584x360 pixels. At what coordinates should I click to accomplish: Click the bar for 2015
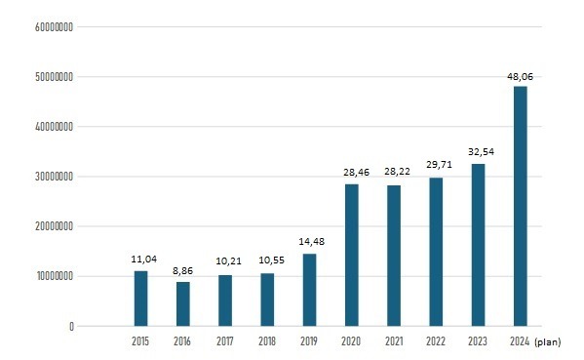pos(140,299)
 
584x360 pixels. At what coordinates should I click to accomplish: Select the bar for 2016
pos(183,304)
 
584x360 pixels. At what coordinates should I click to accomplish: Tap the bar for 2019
pos(309,290)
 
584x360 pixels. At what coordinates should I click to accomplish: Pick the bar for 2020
pos(352,256)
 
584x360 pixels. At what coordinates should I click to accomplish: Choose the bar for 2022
pos(436,252)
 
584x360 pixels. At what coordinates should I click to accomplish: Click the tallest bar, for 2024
pos(521,206)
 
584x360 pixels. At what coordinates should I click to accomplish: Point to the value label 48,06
pos(521,77)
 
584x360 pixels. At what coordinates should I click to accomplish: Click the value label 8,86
pos(183,271)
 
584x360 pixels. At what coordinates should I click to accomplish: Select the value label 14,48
pos(312,242)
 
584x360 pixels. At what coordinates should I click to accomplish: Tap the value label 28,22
pos(397,172)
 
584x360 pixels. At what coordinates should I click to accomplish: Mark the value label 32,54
pos(482,151)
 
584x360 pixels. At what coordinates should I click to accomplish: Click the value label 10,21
pos(229,261)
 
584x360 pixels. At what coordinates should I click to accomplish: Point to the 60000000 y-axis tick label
pos(54,27)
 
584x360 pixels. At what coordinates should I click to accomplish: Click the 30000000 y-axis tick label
pos(54,177)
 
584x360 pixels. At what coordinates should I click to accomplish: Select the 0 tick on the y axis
pos(71,327)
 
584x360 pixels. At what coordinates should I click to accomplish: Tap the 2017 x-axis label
pos(225,341)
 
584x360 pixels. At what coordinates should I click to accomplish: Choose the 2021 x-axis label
pos(394,341)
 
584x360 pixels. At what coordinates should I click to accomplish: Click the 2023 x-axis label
pos(478,341)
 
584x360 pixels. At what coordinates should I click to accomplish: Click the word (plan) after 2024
pos(548,342)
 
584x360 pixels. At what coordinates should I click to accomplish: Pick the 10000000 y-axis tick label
pos(55,276)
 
